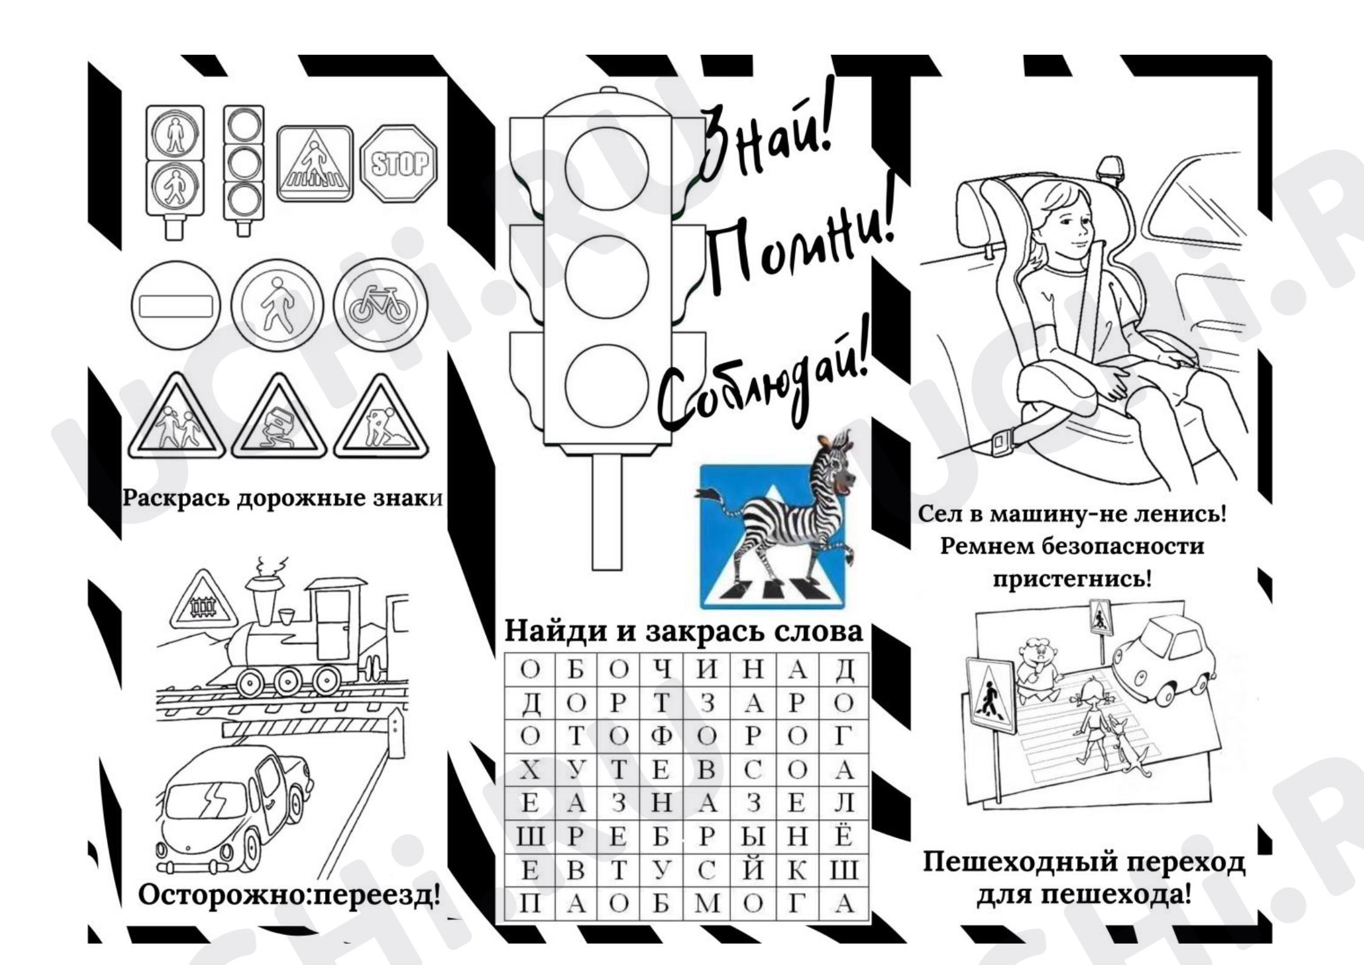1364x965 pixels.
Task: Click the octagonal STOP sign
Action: point(399,163)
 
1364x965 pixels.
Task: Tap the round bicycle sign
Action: point(380,304)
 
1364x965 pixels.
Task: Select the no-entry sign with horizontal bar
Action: point(176,306)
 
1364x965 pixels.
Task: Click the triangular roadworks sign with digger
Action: point(381,418)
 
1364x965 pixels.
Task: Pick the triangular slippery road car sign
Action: point(279,418)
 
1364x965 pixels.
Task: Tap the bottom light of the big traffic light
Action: point(606,386)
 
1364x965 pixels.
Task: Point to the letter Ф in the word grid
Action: point(662,736)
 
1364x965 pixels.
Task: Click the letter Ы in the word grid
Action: point(753,837)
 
